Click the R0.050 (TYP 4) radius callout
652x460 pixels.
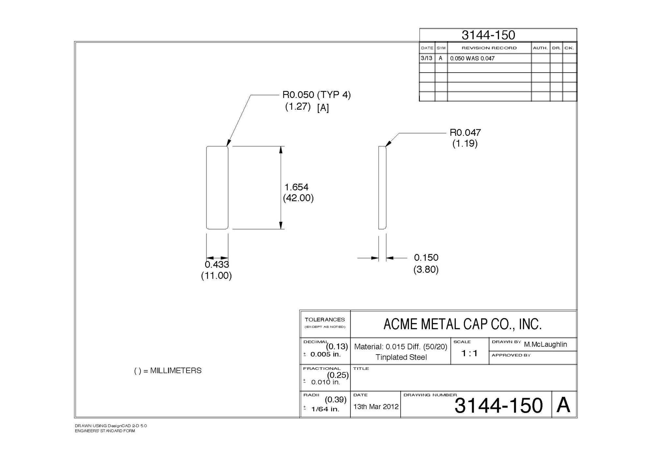click(x=317, y=95)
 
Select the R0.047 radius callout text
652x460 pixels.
click(x=465, y=132)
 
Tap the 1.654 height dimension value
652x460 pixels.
click(x=296, y=187)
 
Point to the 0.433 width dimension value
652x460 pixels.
click(x=217, y=264)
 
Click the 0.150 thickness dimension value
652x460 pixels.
click(x=426, y=258)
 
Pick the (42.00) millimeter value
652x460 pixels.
click(x=298, y=198)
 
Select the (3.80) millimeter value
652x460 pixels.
click(x=426, y=270)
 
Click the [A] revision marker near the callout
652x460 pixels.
click(x=323, y=108)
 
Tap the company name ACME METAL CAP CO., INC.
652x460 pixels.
click(x=463, y=324)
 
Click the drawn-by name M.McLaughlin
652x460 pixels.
click(x=545, y=344)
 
